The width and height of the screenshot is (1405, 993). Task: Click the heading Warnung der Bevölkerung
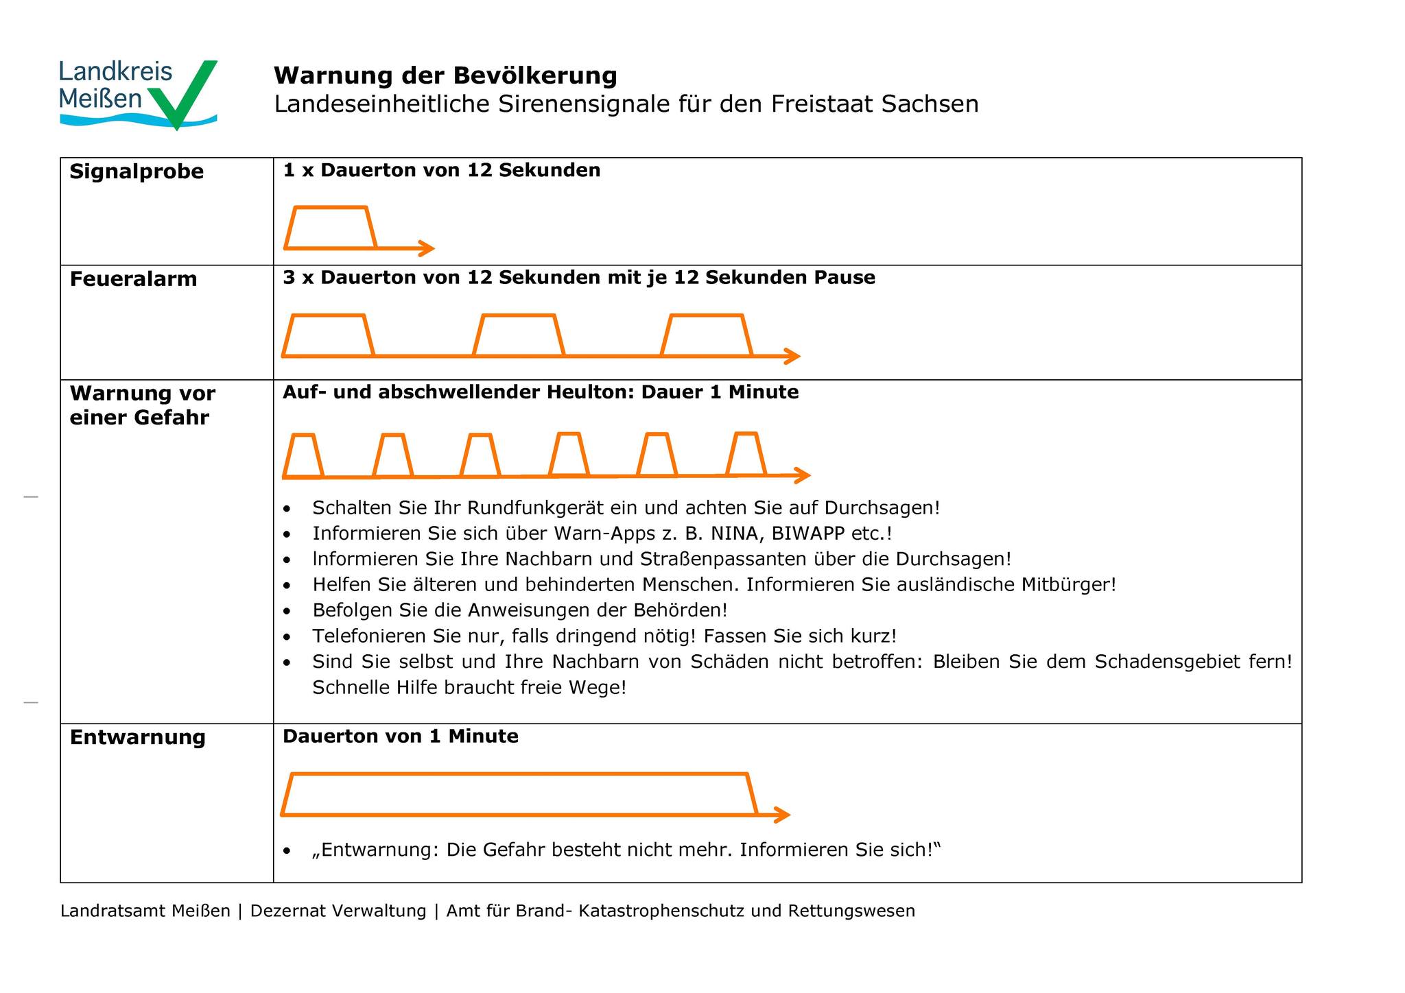(445, 75)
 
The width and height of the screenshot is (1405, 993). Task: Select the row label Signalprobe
(137, 171)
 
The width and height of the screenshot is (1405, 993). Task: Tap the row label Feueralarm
(133, 279)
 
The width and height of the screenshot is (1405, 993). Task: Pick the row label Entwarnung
(137, 737)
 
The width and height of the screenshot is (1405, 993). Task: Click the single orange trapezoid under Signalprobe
(330, 228)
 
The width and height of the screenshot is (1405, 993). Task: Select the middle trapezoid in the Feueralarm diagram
(519, 335)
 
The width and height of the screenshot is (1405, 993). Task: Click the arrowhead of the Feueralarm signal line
(793, 356)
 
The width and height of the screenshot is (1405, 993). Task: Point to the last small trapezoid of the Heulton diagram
(746, 454)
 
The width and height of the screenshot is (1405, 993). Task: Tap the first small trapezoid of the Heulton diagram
(303, 455)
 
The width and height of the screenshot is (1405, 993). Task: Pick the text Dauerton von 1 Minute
(401, 737)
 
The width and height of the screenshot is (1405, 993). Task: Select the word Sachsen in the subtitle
(930, 104)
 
